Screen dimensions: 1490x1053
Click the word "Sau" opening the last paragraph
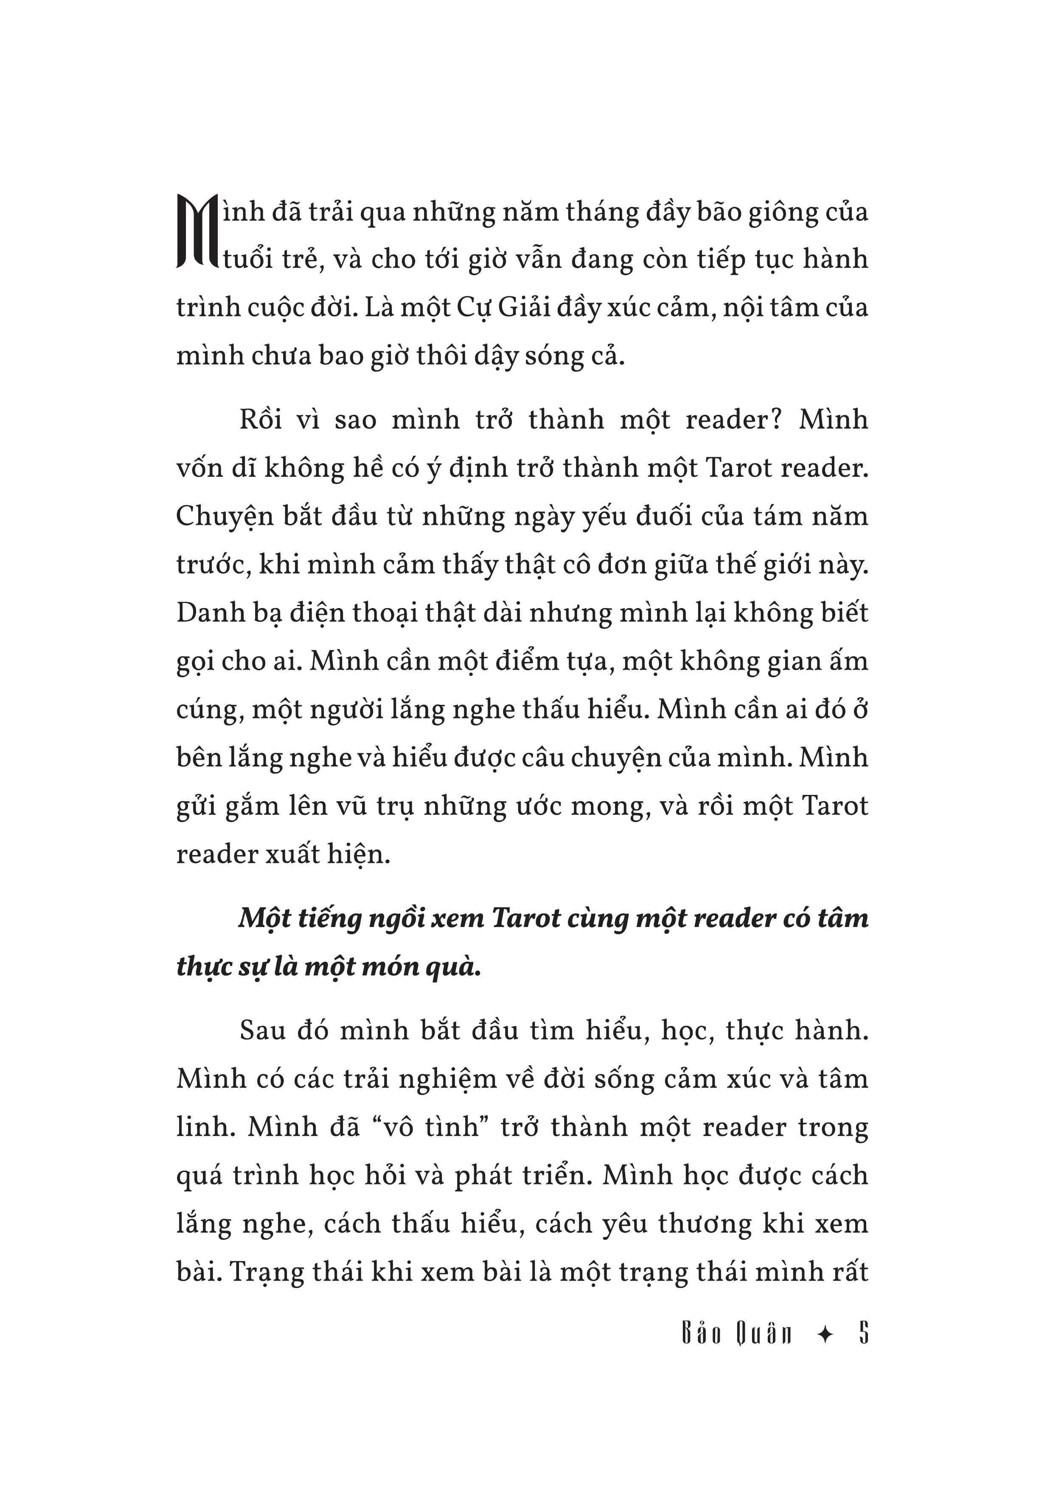click(263, 1031)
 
